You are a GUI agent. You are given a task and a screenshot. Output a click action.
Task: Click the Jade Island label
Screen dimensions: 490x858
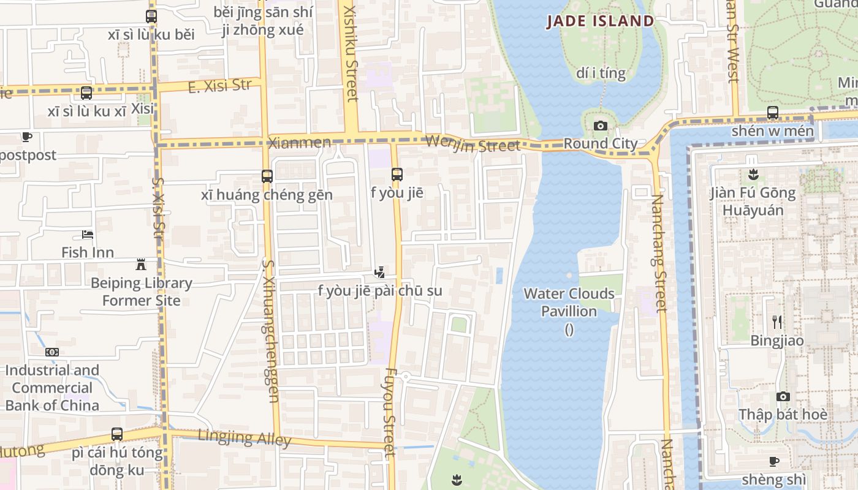601,21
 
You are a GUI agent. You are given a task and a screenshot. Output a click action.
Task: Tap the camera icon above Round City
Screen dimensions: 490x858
601,126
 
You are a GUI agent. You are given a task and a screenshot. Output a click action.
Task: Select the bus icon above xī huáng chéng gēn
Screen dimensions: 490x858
267,176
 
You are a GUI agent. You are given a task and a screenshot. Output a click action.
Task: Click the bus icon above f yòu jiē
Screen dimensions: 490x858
397,174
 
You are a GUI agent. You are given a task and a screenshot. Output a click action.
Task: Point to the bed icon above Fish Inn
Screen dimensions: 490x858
88,235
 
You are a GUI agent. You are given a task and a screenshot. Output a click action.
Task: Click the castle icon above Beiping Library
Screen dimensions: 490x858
141,265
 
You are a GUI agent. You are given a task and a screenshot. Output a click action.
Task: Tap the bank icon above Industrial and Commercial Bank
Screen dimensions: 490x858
52,352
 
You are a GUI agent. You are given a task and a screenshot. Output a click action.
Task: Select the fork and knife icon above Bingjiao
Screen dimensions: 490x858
777,322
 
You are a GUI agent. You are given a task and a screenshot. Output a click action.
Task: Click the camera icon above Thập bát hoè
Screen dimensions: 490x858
783,396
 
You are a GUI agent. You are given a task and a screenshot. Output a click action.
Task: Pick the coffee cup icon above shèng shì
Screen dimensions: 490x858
774,461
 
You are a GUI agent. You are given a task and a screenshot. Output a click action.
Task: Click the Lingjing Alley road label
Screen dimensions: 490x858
245,438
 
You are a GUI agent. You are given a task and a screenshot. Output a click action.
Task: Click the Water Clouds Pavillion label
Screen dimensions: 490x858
569,303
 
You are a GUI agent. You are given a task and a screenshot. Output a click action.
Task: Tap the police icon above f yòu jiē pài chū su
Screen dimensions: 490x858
380,272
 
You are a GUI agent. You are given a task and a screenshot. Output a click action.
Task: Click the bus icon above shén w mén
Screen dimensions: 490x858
772,113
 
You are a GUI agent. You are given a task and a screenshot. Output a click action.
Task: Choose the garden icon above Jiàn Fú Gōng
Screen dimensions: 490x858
753,175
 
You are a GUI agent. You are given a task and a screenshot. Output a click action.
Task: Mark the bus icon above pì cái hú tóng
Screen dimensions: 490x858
117,434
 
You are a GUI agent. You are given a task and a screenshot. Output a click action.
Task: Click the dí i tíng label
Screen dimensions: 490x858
601,73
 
